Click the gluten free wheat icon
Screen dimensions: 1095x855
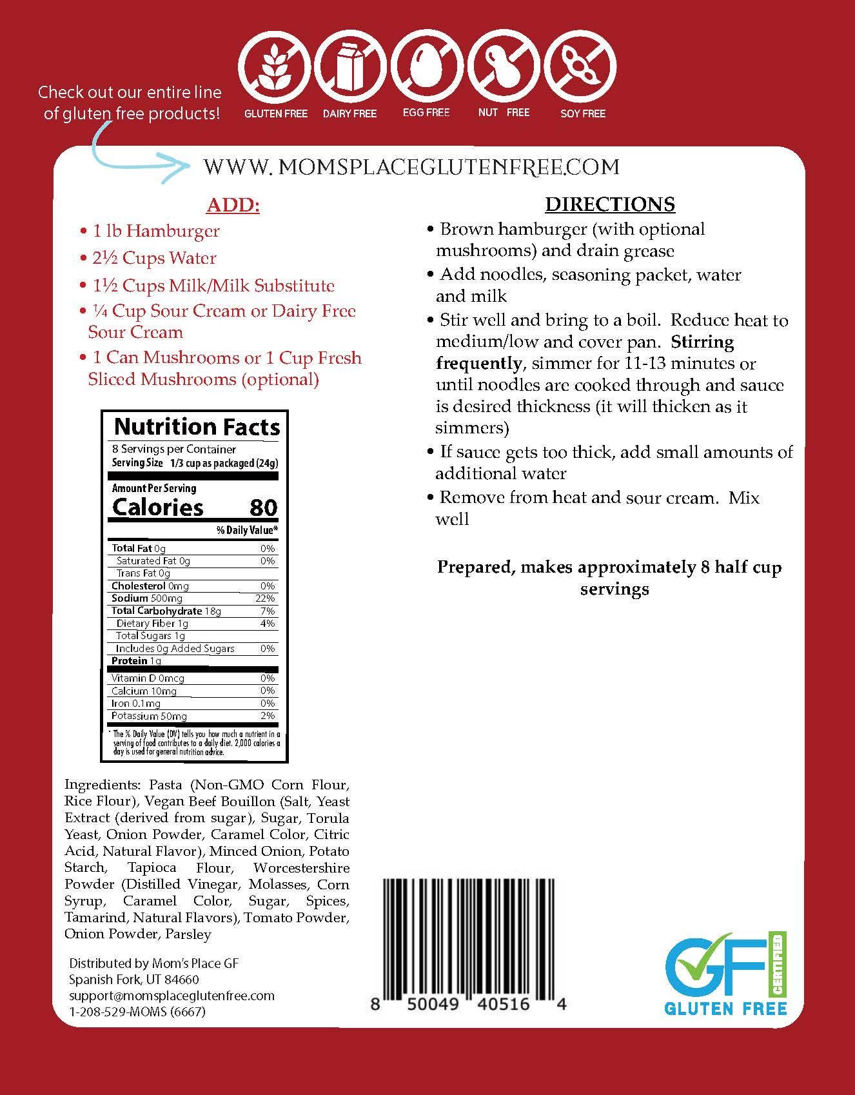(275, 66)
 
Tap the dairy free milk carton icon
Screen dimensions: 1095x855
(349, 66)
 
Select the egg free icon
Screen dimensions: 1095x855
(426, 66)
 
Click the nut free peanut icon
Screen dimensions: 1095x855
(504, 66)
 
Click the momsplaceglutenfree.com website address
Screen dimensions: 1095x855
(411, 167)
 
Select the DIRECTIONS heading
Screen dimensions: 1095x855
(609, 204)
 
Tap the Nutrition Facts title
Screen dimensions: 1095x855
(197, 427)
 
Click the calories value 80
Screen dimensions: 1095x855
(263, 508)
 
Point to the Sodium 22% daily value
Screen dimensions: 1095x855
(265, 598)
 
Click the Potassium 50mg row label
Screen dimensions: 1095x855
(149, 716)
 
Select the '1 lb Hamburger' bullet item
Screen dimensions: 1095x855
(155, 231)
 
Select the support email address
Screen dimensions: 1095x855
(172, 996)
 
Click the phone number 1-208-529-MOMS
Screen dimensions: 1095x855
(137, 1012)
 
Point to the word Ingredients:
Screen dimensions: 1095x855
(102, 785)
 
